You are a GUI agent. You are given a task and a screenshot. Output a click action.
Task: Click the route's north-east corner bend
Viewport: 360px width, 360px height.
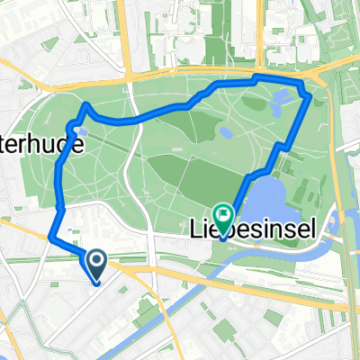pos(309,94)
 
